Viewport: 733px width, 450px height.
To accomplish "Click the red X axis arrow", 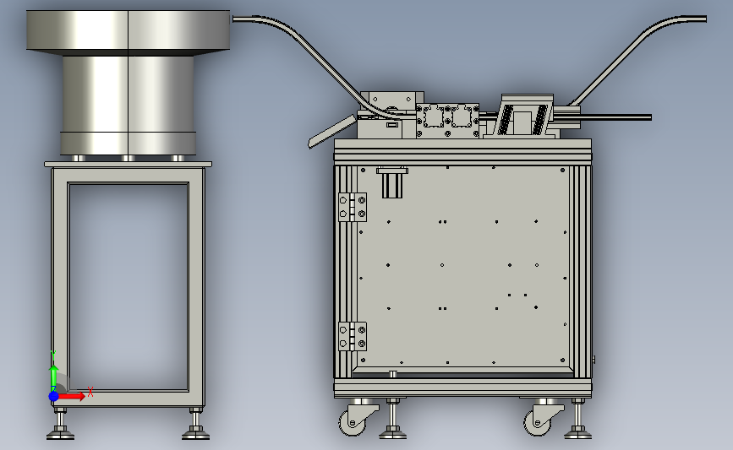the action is [x=71, y=396].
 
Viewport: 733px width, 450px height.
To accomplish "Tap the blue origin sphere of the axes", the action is [x=54, y=396].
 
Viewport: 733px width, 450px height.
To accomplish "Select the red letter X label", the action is [x=90, y=392].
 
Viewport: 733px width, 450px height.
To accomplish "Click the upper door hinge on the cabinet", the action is [x=353, y=207].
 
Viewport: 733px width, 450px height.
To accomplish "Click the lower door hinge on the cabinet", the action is [x=353, y=337].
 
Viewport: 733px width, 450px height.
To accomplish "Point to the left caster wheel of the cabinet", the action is [x=352, y=422].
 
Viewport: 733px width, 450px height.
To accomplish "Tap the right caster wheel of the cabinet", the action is [x=537, y=422].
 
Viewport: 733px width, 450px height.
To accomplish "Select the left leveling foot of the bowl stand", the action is [x=60, y=425].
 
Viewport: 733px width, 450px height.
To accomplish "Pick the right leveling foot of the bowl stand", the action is [x=195, y=425].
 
